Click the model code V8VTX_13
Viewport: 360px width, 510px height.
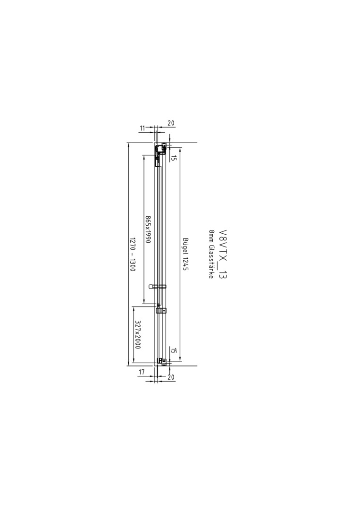(223, 255)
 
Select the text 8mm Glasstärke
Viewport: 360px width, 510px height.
(211, 254)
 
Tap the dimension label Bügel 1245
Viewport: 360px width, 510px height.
(186, 254)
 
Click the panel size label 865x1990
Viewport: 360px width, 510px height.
(148, 229)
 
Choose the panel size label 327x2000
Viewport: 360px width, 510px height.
(137, 335)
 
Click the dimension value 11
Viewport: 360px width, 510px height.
(142, 128)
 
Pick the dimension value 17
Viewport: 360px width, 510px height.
(142, 372)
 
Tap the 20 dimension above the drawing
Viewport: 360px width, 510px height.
(171, 123)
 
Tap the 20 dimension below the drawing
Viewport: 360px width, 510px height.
(171, 377)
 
